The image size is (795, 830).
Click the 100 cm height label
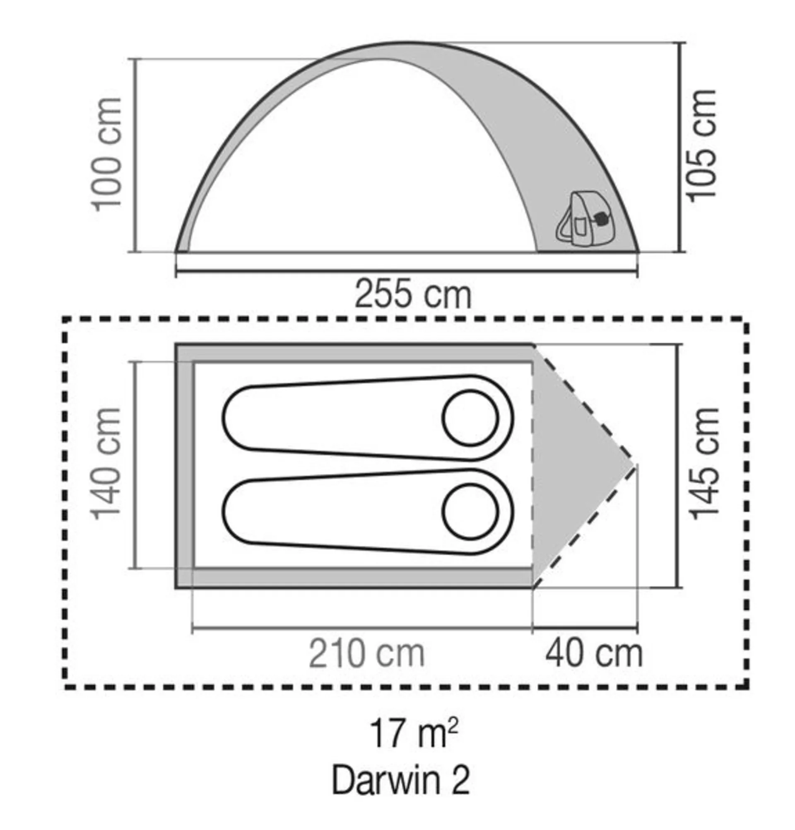106,155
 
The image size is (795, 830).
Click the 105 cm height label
703,146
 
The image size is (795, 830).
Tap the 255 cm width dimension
412,293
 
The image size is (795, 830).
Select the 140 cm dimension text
106,464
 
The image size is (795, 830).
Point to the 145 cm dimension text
704,464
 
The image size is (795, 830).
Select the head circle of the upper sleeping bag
470,418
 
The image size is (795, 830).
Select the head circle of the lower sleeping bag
470,512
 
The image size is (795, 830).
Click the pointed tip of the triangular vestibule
634,465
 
